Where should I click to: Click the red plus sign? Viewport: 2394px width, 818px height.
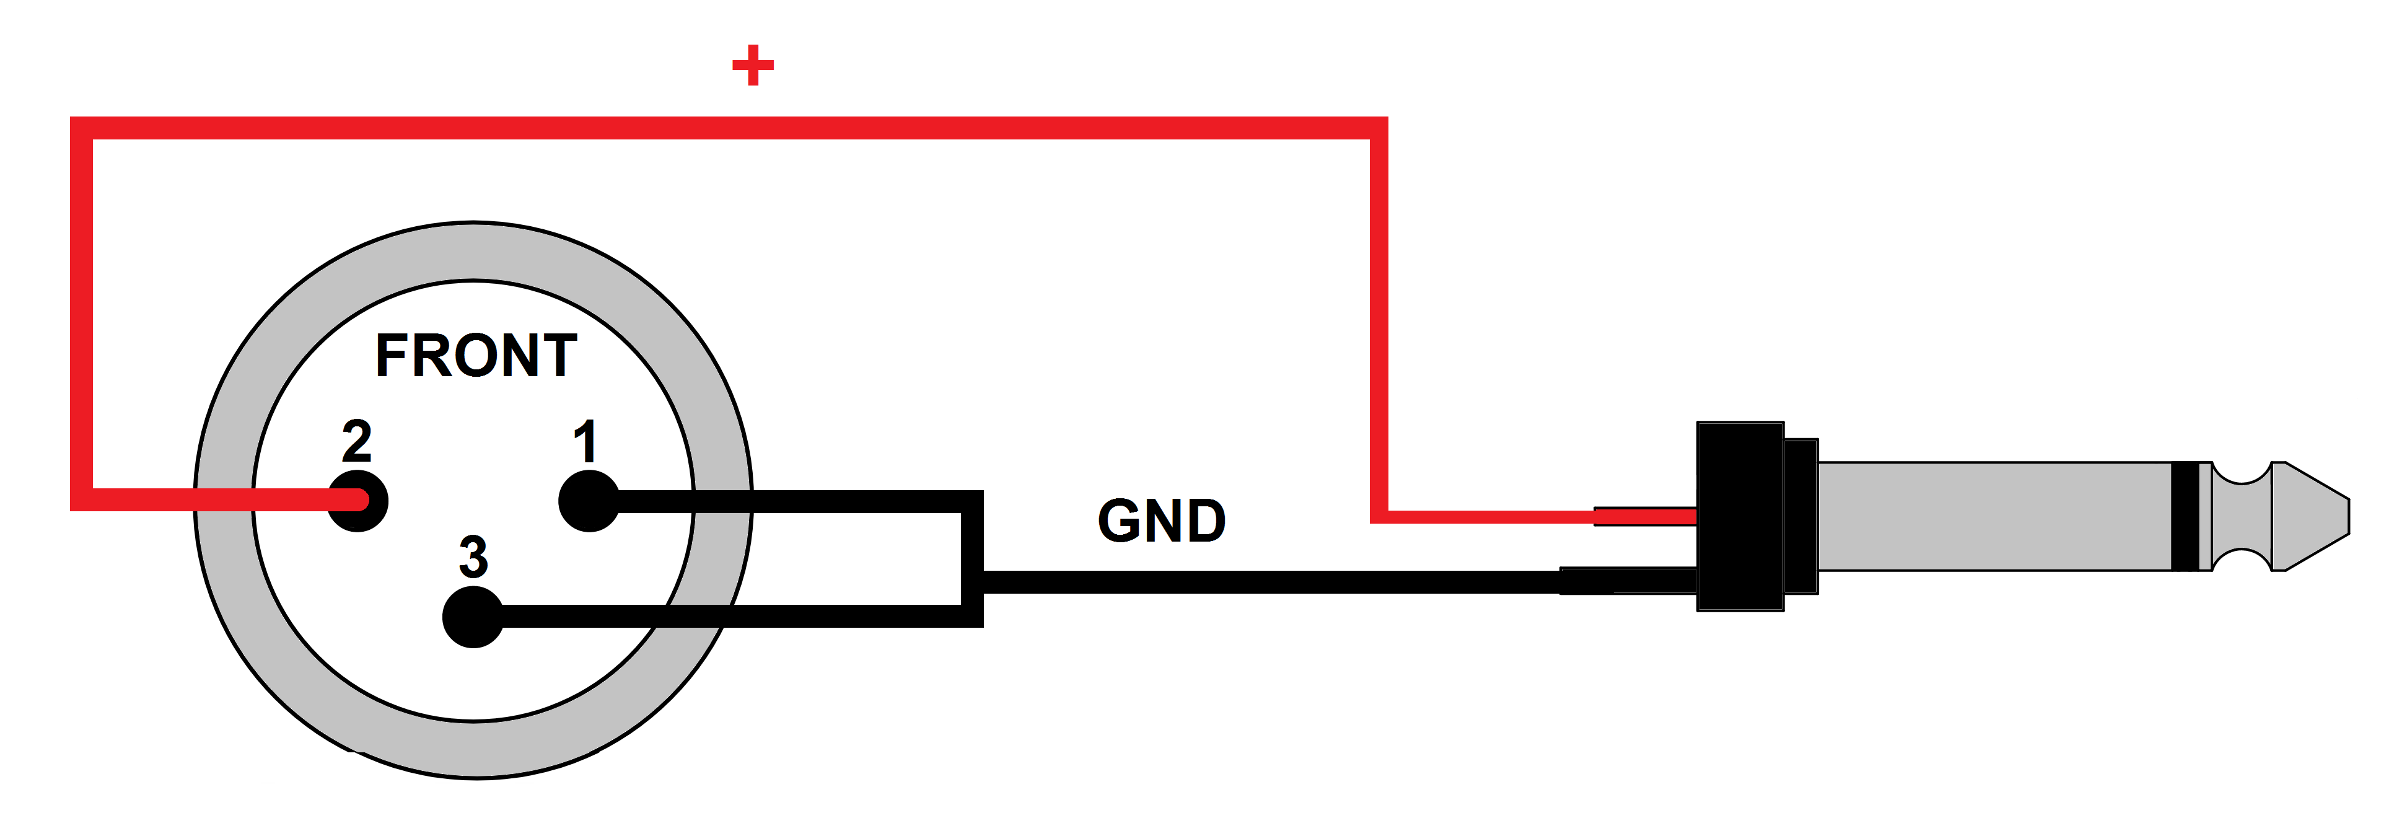click(753, 65)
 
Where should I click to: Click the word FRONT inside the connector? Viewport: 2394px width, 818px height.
click(476, 356)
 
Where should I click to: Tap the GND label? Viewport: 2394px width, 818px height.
click(1162, 521)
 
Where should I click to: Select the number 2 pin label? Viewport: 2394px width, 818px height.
click(357, 441)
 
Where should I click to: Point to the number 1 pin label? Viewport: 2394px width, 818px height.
click(585, 441)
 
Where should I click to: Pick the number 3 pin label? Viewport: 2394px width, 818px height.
click(473, 556)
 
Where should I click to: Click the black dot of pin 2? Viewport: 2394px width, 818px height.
click(358, 501)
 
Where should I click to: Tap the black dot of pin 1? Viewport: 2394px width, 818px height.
click(589, 501)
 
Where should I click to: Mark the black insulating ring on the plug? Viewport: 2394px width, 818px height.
click(2185, 516)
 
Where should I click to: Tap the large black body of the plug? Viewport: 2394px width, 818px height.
click(1740, 516)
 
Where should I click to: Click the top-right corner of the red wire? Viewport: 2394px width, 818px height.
click(1378, 128)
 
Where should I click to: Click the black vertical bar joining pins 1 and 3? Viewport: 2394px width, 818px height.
click(972, 558)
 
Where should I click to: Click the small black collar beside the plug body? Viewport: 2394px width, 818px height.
click(1801, 516)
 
